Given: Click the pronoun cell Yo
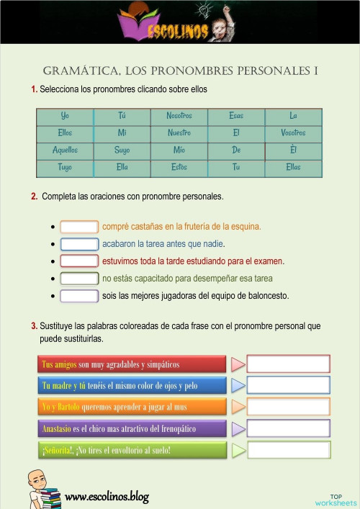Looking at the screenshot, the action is [x=65, y=116].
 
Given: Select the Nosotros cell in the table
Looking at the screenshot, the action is [x=179, y=116].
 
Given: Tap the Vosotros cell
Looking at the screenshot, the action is [x=293, y=133].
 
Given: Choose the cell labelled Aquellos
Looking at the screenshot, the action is [x=65, y=150].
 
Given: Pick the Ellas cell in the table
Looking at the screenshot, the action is [x=293, y=167].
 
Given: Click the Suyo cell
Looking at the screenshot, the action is [x=122, y=150].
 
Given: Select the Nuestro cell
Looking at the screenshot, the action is [x=179, y=133].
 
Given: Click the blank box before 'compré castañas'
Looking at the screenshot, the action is [x=79, y=227].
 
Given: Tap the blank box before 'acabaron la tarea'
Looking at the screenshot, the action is [x=79, y=243].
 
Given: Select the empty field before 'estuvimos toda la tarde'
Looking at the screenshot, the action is [x=79, y=261].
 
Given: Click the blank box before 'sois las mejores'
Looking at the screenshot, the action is [x=79, y=296].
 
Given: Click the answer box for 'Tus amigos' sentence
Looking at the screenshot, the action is [x=288, y=364].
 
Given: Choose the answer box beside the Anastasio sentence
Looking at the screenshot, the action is [x=288, y=429].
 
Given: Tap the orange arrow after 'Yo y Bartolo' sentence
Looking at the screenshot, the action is [x=238, y=407].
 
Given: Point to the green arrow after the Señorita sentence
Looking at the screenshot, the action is [x=238, y=451].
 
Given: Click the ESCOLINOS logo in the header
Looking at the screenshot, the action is [x=178, y=27].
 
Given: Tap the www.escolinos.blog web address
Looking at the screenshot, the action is [x=107, y=497].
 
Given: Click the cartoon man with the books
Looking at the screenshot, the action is [x=43, y=490].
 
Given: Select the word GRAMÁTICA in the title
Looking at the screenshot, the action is [x=78, y=71].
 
